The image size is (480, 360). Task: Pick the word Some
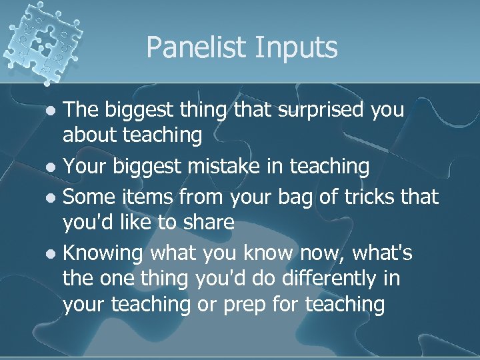91,197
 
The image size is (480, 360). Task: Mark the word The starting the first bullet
81,110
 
